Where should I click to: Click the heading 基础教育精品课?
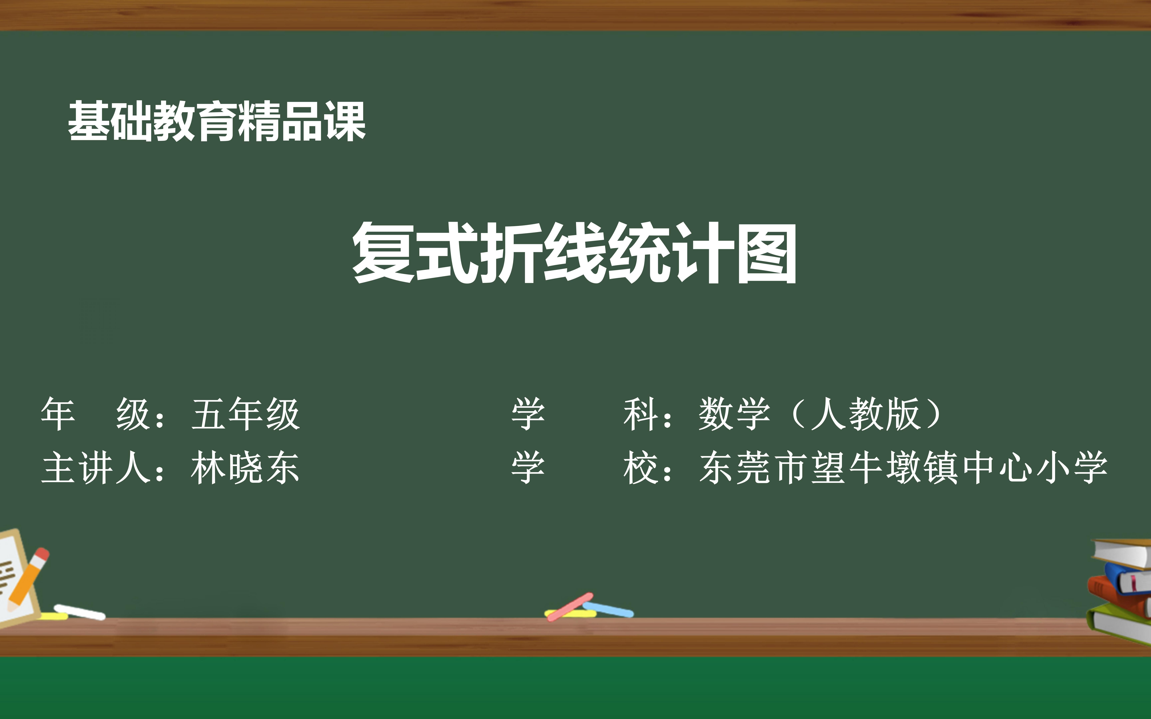point(217,122)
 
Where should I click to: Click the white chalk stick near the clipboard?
point(79,612)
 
